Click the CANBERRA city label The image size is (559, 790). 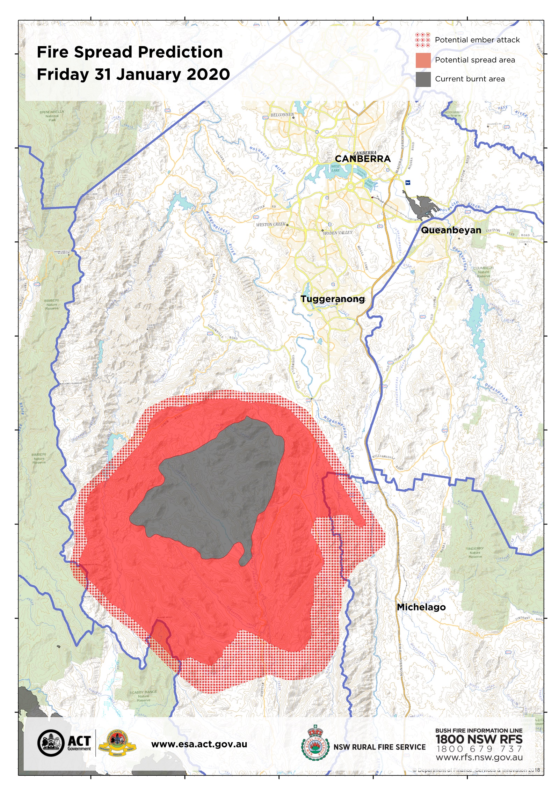coord(363,159)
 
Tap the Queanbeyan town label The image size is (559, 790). coord(451,230)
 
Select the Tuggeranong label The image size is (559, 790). coord(333,299)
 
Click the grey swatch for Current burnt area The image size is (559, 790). coord(423,79)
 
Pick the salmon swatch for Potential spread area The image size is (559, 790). coord(423,60)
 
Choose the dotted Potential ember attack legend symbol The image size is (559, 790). coord(423,40)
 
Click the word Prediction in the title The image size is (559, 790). coord(180,52)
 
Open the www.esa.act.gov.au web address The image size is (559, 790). coord(199,744)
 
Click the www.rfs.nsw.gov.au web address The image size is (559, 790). coord(479,757)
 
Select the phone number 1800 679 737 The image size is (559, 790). coord(479,748)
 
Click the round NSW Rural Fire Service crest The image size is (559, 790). coord(315,747)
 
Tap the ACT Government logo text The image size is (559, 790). coord(79,742)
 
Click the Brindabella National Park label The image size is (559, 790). coord(52,116)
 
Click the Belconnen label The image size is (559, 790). coord(282,115)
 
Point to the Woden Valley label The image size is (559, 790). coord(337,233)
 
